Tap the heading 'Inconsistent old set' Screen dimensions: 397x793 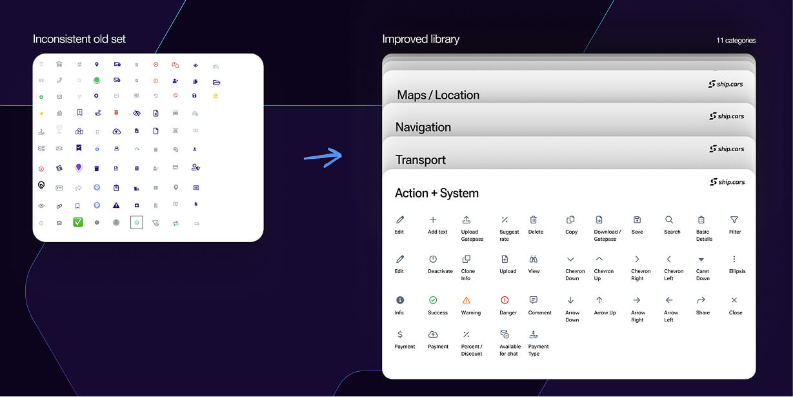coord(79,39)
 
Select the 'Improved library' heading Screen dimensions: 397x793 coord(421,39)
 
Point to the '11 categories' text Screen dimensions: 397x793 coord(736,41)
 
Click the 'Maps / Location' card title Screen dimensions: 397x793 coord(438,95)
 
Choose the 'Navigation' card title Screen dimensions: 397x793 coord(423,127)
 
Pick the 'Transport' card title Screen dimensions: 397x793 coord(421,160)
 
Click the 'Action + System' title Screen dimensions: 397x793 coord(437,193)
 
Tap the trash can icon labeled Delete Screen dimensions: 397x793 coord(534,220)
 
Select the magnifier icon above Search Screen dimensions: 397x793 coord(669,220)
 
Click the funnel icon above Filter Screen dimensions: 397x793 coord(734,220)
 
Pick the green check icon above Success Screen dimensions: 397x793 coord(433,300)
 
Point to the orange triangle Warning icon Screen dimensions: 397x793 coord(467,300)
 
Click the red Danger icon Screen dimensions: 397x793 coord(505,300)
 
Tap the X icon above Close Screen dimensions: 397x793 coord(734,300)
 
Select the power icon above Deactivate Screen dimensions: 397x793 coord(433,259)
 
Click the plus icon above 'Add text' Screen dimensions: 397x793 coord(433,220)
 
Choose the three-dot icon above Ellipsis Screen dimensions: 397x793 coord(734,259)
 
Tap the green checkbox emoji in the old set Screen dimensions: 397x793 coord(78,222)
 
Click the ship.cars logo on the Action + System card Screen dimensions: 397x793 coord(727,182)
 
